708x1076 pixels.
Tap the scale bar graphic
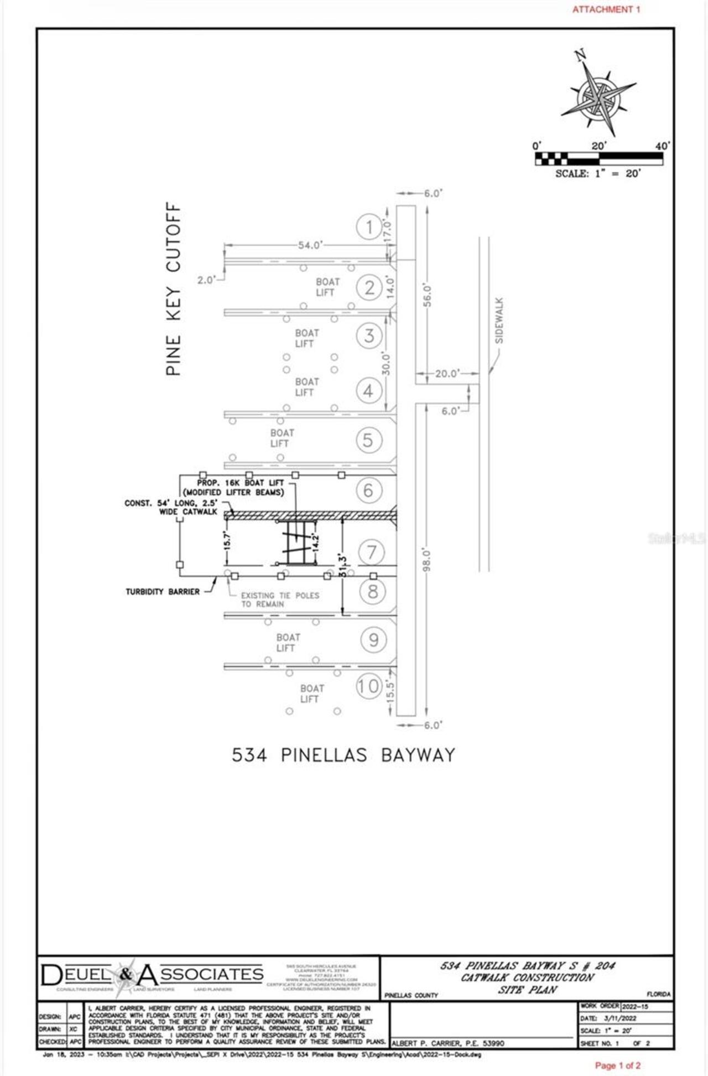coord(598,159)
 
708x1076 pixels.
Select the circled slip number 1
coord(369,226)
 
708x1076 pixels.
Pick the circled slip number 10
coord(368,686)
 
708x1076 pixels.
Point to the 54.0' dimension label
coord(310,245)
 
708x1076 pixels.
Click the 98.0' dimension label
coord(426,560)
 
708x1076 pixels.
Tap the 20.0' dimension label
coord(447,374)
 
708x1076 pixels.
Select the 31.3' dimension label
coord(343,565)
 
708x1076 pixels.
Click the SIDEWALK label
coord(499,320)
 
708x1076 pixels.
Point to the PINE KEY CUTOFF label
coord(174,289)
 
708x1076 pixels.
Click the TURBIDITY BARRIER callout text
coord(163,592)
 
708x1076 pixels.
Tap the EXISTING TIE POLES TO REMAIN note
coord(280,599)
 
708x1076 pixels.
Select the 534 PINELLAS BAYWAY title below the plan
coord(343,755)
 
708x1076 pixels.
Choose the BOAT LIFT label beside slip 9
coord(288,643)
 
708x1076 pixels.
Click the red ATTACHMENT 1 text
coord(606,9)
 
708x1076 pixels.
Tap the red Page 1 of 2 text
coord(617,1065)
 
